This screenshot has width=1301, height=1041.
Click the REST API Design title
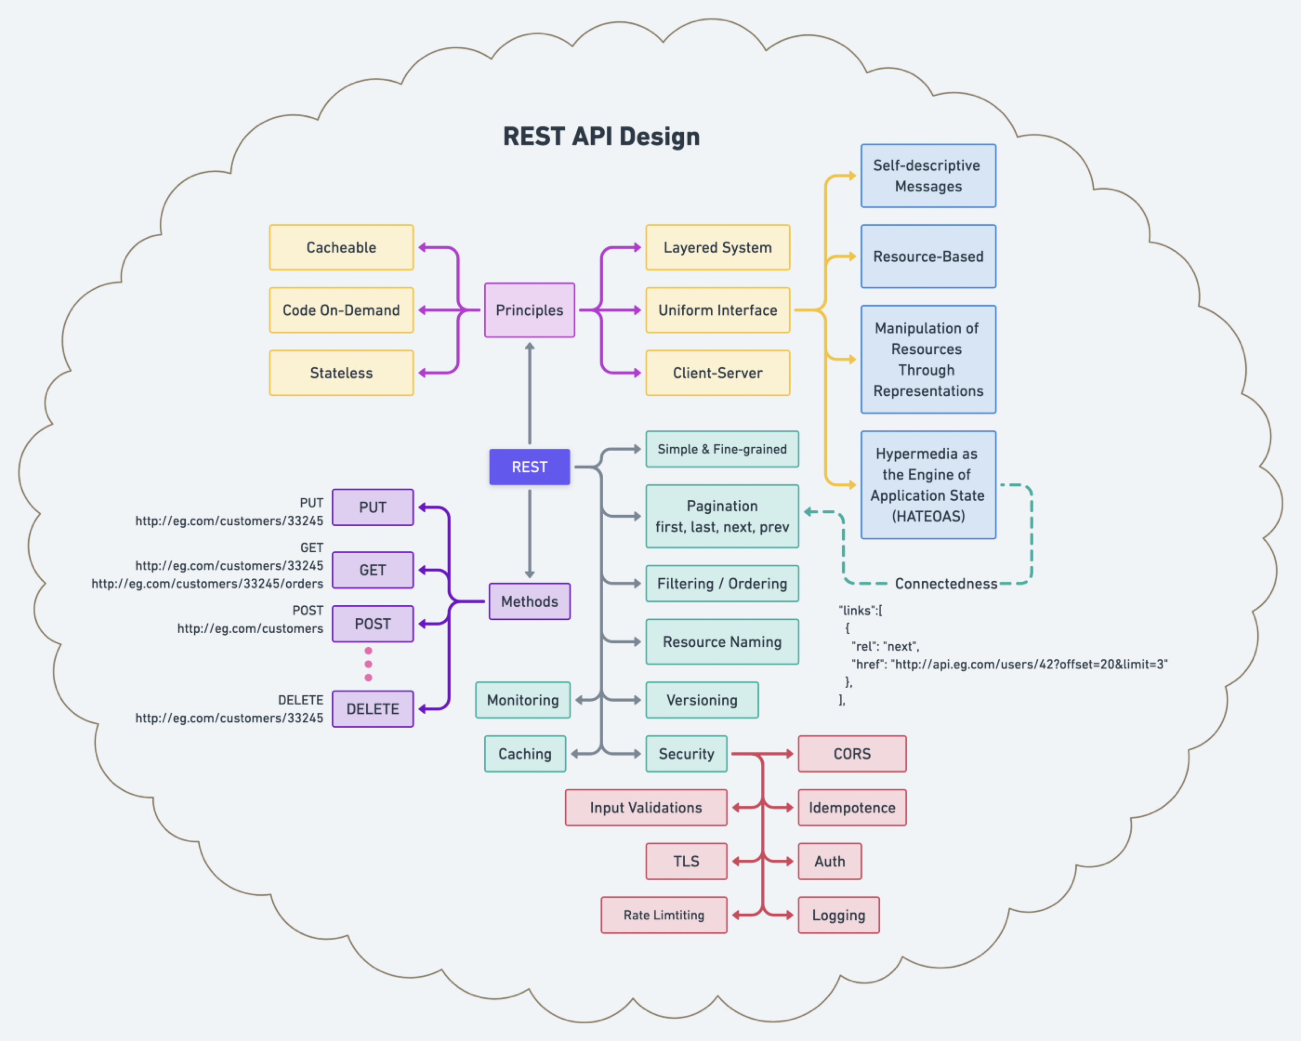coord(601,136)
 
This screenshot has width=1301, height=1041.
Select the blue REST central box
coord(529,467)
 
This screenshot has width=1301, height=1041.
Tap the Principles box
coord(529,310)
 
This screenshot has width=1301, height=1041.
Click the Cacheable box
coord(341,247)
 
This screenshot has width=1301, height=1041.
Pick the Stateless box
coord(341,373)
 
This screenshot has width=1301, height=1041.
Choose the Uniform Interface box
coord(717,310)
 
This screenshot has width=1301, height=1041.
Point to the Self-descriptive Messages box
coord(928,175)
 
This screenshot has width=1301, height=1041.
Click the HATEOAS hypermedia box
coord(928,484)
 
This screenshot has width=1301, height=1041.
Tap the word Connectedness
coord(945,584)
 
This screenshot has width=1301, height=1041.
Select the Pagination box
coord(722,517)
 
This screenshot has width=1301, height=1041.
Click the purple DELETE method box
coord(372,709)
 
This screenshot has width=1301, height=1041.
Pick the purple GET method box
coord(372,570)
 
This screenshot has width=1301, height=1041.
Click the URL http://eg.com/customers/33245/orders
coord(207,584)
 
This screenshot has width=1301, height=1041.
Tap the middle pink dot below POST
coord(368,664)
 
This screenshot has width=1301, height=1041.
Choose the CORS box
coord(851,754)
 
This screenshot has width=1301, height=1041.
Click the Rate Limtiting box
coord(664,915)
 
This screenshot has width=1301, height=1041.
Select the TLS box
coord(686,861)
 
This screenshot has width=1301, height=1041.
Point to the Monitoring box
coord(523,700)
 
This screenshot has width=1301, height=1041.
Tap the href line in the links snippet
coord(1009,665)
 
